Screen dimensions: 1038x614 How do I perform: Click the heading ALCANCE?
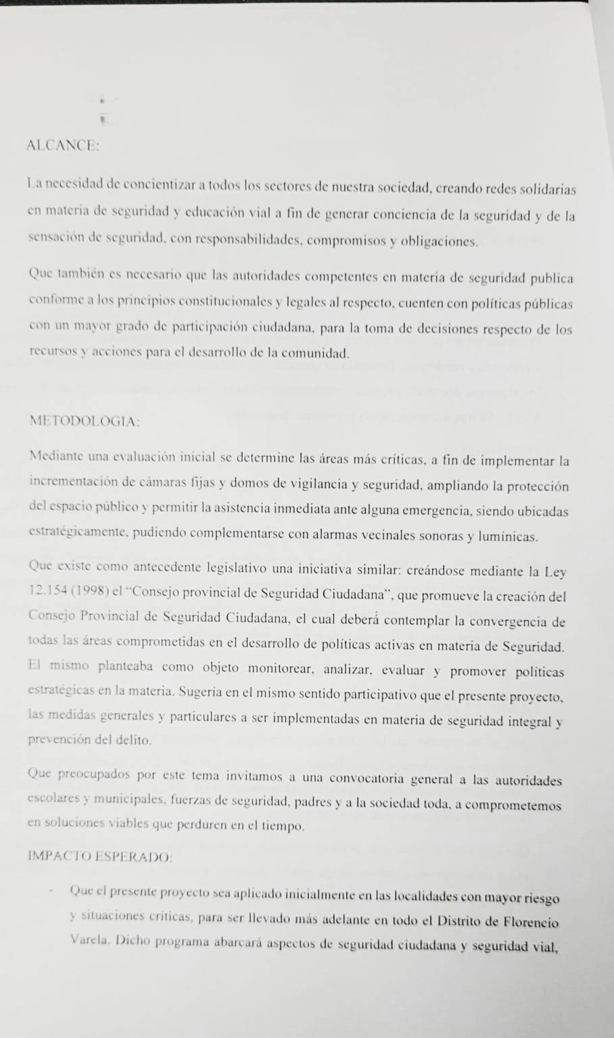point(62,146)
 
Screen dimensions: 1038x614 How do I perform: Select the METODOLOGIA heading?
point(85,421)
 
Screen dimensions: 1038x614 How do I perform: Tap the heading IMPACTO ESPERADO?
point(99,855)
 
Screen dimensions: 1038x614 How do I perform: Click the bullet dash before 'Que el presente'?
point(51,891)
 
